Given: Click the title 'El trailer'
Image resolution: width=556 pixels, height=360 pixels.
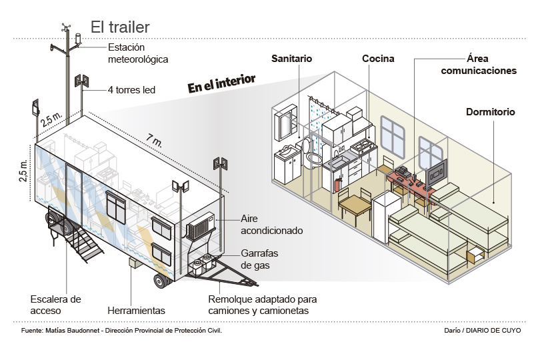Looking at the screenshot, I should click(x=120, y=27).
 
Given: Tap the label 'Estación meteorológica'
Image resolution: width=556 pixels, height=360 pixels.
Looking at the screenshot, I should click(x=137, y=53).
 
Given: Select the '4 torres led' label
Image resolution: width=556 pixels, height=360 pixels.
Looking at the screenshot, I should click(x=131, y=89).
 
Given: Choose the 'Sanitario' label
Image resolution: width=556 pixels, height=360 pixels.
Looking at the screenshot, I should click(x=292, y=59).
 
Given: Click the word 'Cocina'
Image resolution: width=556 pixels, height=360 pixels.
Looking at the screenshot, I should click(x=378, y=59).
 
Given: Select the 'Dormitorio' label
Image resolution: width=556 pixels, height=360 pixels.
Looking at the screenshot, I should click(x=490, y=112).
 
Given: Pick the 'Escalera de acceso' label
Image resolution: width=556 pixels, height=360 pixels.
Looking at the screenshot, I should click(x=56, y=305).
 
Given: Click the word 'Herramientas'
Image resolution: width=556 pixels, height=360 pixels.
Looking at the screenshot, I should click(x=136, y=311).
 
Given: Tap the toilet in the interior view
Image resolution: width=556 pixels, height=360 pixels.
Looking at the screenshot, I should click(x=311, y=156).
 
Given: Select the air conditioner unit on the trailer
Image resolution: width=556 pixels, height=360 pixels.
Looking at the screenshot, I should click(x=199, y=228).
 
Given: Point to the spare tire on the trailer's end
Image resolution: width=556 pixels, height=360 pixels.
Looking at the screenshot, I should click(x=57, y=224).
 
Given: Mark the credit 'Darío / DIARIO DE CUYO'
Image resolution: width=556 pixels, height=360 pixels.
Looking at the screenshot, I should click(x=483, y=330).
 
